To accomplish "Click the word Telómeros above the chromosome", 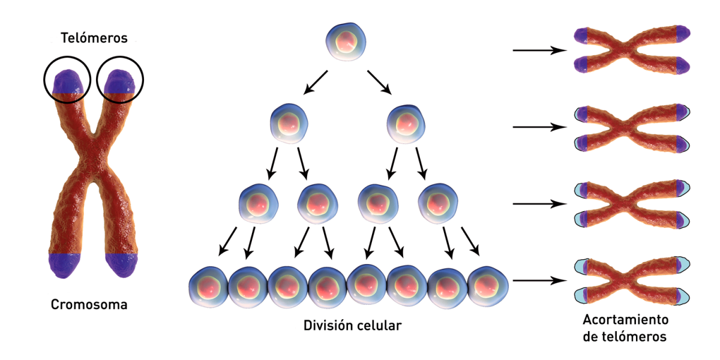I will pos(94,38).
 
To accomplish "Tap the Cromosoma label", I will pos(89,305).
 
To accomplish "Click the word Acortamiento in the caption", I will pos(625,319).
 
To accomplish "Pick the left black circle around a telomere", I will pos(67,80).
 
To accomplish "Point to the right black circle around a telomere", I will pos(121,80).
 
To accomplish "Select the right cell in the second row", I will pos(408,124).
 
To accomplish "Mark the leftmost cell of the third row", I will pos(259,203).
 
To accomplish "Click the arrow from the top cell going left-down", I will pos(316,83).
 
